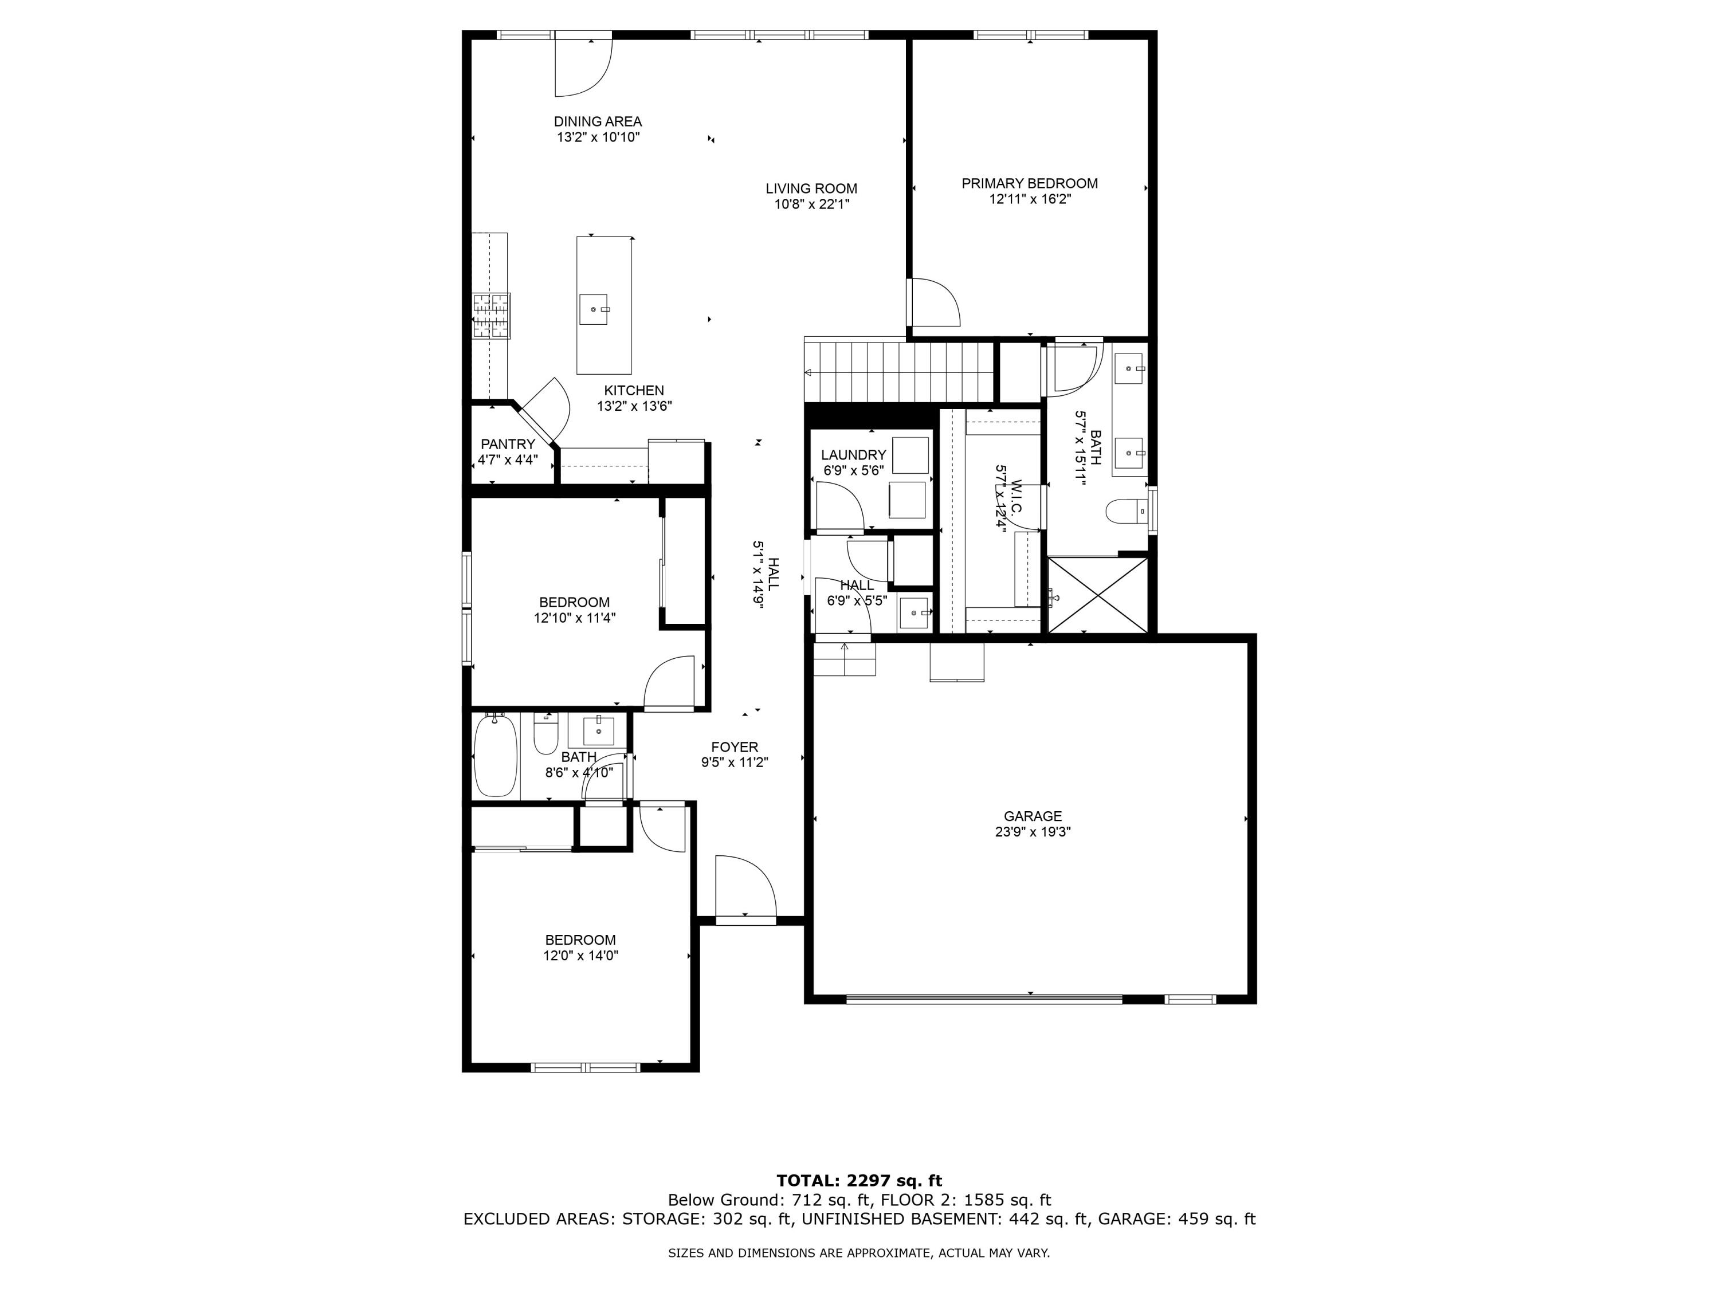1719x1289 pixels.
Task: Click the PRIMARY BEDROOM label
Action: click(x=1029, y=183)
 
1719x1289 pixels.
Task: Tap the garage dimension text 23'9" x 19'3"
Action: click(x=1032, y=831)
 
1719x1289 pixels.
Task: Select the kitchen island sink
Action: click(x=594, y=309)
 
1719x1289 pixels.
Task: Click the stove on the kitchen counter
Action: click(x=491, y=316)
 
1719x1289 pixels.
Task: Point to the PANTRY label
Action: click(x=508, y=443)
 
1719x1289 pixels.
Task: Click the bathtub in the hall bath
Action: click(x=496, y=756)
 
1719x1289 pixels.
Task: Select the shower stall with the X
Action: click(x=1097, y=595)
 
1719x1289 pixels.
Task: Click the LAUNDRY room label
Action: click(x=853, y=454)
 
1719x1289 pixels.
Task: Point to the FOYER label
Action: click(x=735, y=746)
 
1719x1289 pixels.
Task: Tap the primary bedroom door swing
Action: click(x=935, y=302)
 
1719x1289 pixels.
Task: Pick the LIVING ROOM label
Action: click(x=811, y=188)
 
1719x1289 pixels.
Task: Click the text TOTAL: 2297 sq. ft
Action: click(x=859, y=1181)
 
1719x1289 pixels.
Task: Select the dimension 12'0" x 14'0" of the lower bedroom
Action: click(x=580, y=956)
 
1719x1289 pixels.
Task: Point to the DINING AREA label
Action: click(x=598, y=121)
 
